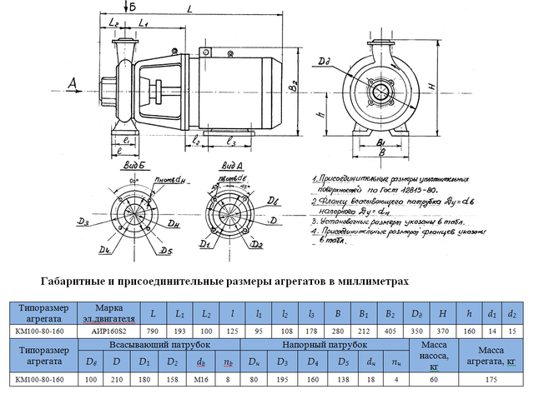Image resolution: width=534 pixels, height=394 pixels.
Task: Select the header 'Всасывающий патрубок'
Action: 161,344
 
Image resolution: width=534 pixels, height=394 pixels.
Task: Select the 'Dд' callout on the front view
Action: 324,61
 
